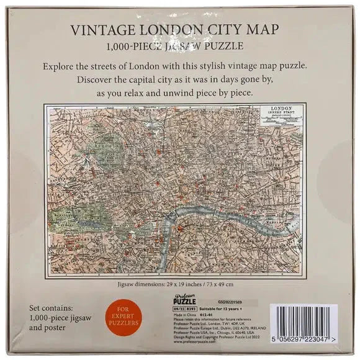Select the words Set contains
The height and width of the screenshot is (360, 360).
pyautogui.click(x=56, y=307)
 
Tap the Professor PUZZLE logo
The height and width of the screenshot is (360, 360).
pyautogui.click(x=185, y=300)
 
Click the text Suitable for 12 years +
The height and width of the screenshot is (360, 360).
pyautogui.click(x=221, y=307)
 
